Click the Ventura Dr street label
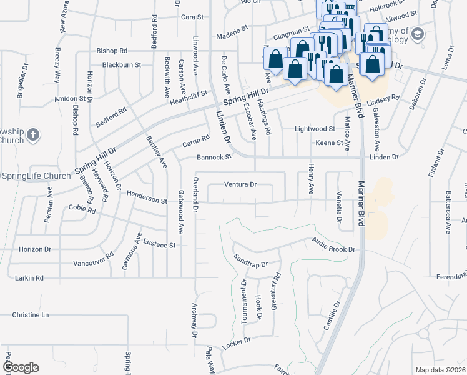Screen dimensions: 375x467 pos(241,185)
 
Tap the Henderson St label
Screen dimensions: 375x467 pos(147,200)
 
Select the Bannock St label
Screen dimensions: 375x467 pos(214,157)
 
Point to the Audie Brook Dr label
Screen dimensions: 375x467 pos(335,249)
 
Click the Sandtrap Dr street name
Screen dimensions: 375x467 pos(250,261)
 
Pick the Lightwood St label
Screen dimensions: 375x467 pos(315,129)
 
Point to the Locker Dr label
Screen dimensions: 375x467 pos(236,343)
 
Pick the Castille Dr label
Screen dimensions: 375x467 pos(337,316)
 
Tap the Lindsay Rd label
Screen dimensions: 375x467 pos(383,99)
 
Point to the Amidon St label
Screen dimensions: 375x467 pos(69,99)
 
